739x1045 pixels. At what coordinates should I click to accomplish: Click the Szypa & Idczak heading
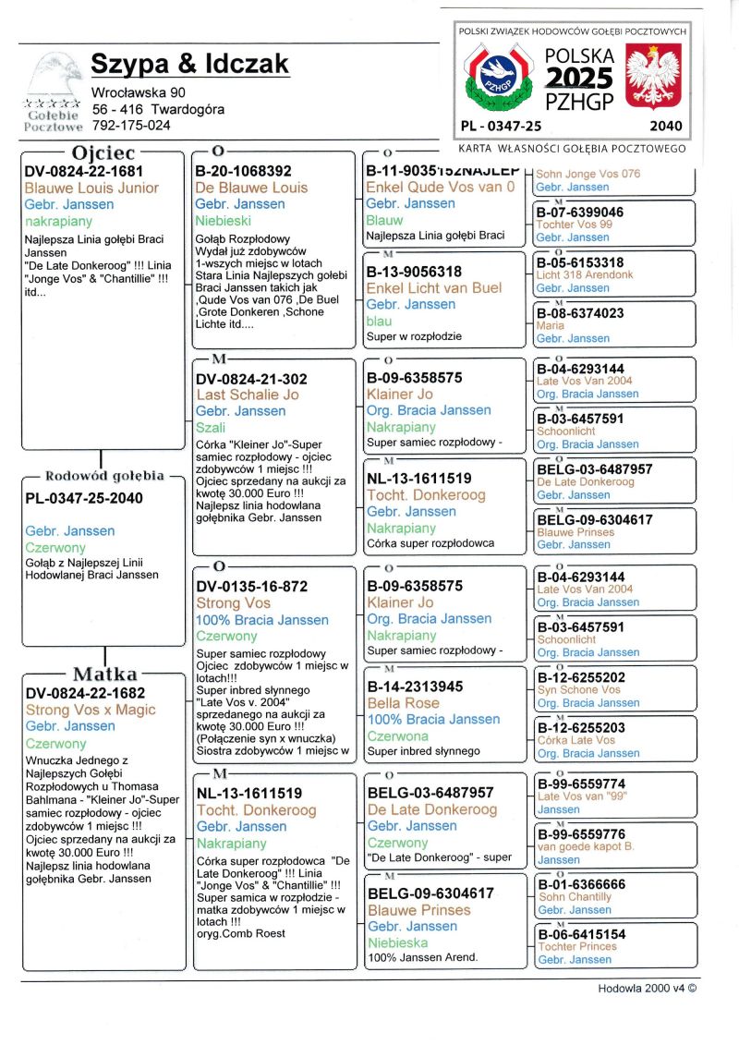pyautogui.click(x=189, y=64)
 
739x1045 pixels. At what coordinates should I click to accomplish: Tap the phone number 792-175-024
pyautogui.click(x=130, y=125)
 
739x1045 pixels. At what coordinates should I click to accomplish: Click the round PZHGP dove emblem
pyautogui.click(x=499, y=78)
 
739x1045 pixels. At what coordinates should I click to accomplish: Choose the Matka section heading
pyautogui.click(x=105, y=674)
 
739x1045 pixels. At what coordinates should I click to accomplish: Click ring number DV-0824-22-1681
pyautogui.click(x=84, y=171)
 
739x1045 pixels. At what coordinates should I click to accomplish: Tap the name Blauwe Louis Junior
pyautogui.click(x=91, y=188)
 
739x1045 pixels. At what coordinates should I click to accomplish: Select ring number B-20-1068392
pyautogui.click(x=244, y=171)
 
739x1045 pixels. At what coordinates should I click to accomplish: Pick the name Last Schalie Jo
pyautogui.click(x=247, y=395)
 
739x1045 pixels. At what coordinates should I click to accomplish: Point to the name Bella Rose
pyautogui.click(x=403, y=702)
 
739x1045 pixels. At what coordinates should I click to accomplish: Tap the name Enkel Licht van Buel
pyautogui.click(x=433, y=287)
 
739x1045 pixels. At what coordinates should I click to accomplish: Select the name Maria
pyautogui.click(x=550, y=325)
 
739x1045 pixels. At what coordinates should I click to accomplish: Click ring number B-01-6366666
pyautogui.click(x=581, y=884)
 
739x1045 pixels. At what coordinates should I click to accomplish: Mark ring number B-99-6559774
pyautogui.click(x=581, y=784)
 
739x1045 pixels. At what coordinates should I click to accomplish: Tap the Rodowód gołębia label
pyautogui.click(x=104, y=477)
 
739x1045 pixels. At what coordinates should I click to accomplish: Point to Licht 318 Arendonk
pyautogui.click(x=585, y=275)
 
